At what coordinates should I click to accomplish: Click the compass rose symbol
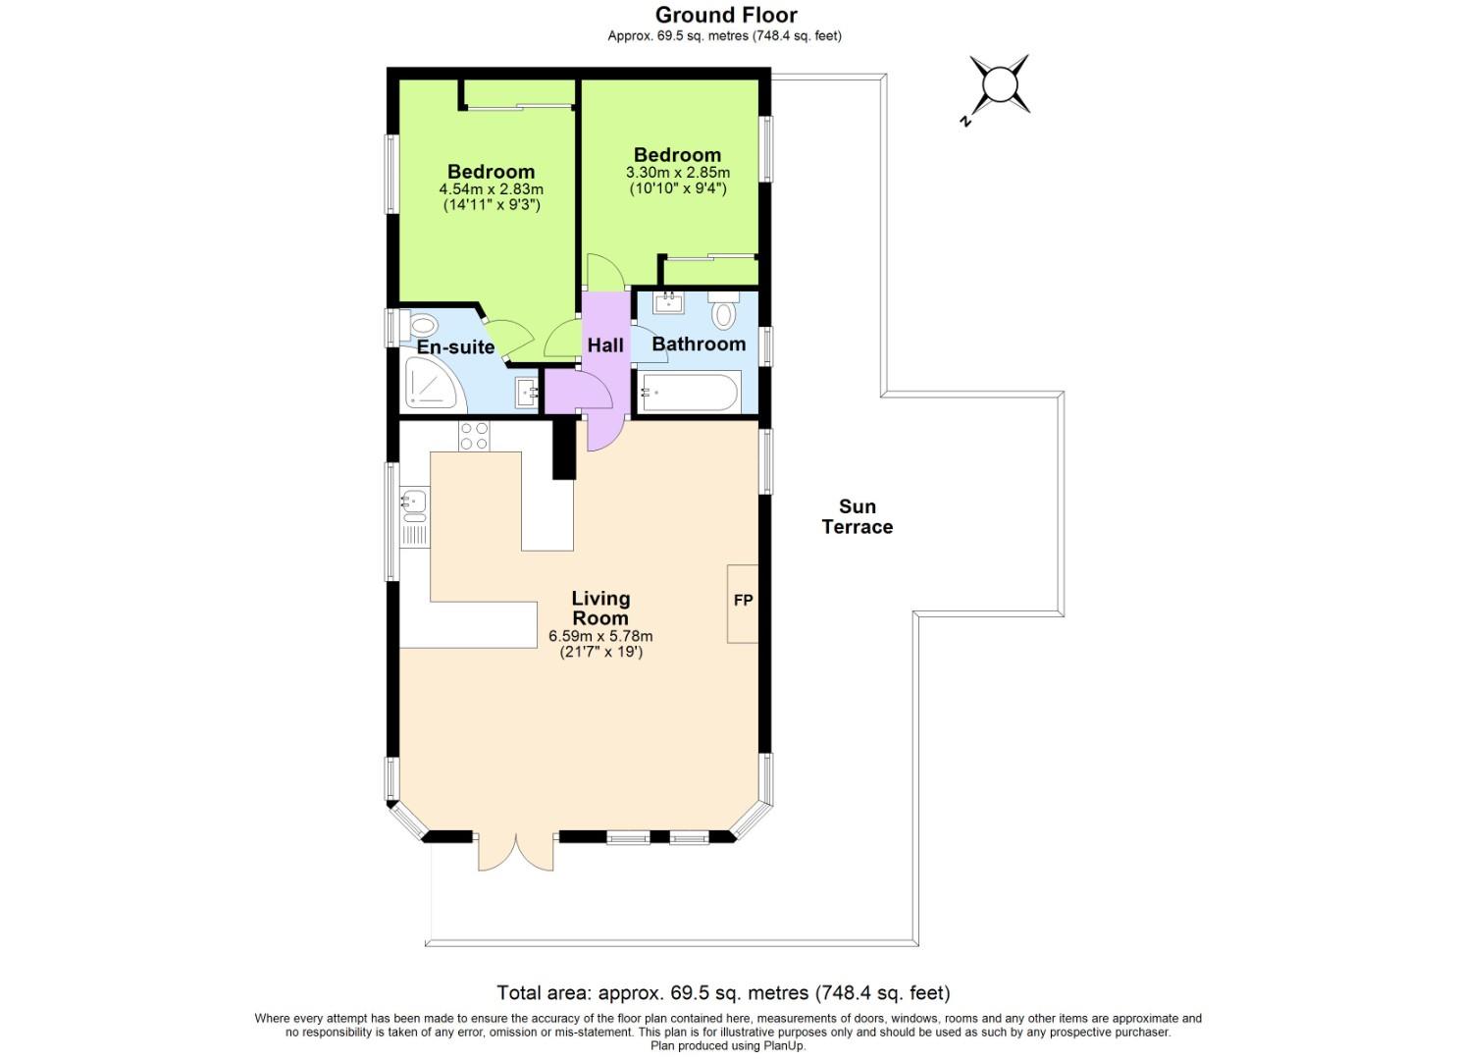pos(999,85)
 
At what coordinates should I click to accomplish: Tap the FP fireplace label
pos(743,601)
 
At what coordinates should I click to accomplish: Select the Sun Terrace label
pos(857,517)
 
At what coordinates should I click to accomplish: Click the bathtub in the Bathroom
pos(687,395)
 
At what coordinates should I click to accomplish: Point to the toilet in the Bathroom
pos(724,313)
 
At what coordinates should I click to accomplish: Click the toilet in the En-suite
pos(421,325)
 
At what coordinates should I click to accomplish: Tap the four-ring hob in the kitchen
pos(474,435)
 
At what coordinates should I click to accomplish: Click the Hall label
pos(605,345)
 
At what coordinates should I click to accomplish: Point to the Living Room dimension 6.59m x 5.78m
pos(600,636)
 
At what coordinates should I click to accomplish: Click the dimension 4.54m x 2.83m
pos(491,189)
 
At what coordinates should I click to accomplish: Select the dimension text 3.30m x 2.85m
pos(677,173)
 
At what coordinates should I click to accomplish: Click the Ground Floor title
pos(726,15)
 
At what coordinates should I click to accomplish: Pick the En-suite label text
pos(455,347)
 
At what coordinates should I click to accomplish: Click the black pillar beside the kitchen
pos(564,449)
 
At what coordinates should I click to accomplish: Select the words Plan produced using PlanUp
pos(727,1046)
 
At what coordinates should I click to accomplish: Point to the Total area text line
pos(723,992)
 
